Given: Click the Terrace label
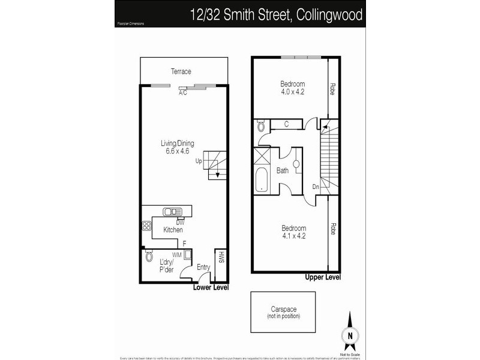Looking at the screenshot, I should click(x=181, y=72).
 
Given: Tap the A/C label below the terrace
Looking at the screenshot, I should click(x=182, y=93).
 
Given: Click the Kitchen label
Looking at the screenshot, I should click(x=173, y=230).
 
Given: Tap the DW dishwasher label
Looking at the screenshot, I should click(x=179, y=222).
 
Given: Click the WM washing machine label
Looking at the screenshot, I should click(x=176, y=255).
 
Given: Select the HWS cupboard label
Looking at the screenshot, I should click(x=221, y=258).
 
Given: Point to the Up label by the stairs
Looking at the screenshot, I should click(x=199, y=161).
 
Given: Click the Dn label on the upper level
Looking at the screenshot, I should click(x=316, y=187).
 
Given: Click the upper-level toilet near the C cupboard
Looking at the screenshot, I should click(x=262, y=127).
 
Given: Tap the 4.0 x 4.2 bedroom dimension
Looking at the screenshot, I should click(x=293, y=92).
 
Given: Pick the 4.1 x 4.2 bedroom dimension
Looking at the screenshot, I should click(x=293, y=236).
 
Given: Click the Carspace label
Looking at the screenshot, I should click(x=283, y=309).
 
